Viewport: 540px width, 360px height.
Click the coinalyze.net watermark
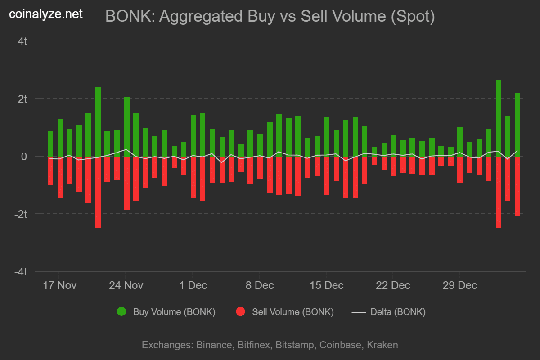[46, 14]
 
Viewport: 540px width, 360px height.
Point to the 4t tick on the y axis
[22, 41]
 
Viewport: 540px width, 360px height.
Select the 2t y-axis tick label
[22, 99]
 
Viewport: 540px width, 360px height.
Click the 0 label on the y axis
[25, 156]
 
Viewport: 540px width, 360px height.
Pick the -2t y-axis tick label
[21, 214]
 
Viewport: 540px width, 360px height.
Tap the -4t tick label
[21, 272]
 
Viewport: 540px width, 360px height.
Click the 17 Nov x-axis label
[60, 285]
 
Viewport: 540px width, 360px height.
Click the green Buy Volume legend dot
[121, 311]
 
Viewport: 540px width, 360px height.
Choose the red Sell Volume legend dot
[240, 311]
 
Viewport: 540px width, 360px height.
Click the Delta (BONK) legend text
[398, 311]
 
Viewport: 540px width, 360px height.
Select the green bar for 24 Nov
[127, 126]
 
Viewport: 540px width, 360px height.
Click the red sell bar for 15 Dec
[327, 175]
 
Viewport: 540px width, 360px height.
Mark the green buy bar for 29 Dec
[460, 141]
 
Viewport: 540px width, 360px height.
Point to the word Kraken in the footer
[382, 345]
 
